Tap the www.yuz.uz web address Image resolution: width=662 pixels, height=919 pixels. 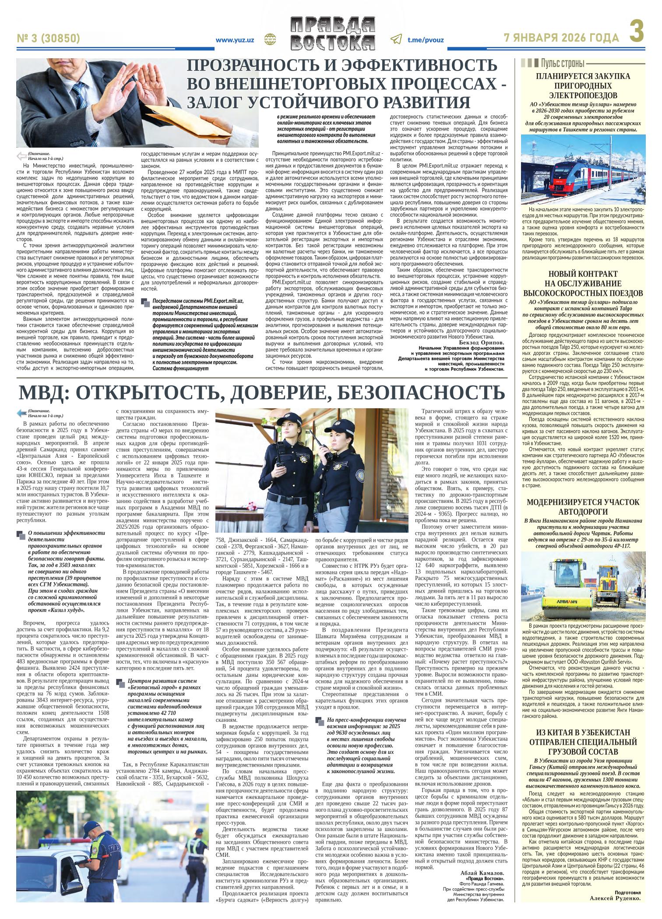tap(235, 40)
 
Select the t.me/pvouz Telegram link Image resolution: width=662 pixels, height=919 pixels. tap(426, 40)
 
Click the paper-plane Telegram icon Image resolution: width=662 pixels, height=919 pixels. tap(396, 39)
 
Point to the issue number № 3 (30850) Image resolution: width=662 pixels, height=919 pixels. tap(48, 39)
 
